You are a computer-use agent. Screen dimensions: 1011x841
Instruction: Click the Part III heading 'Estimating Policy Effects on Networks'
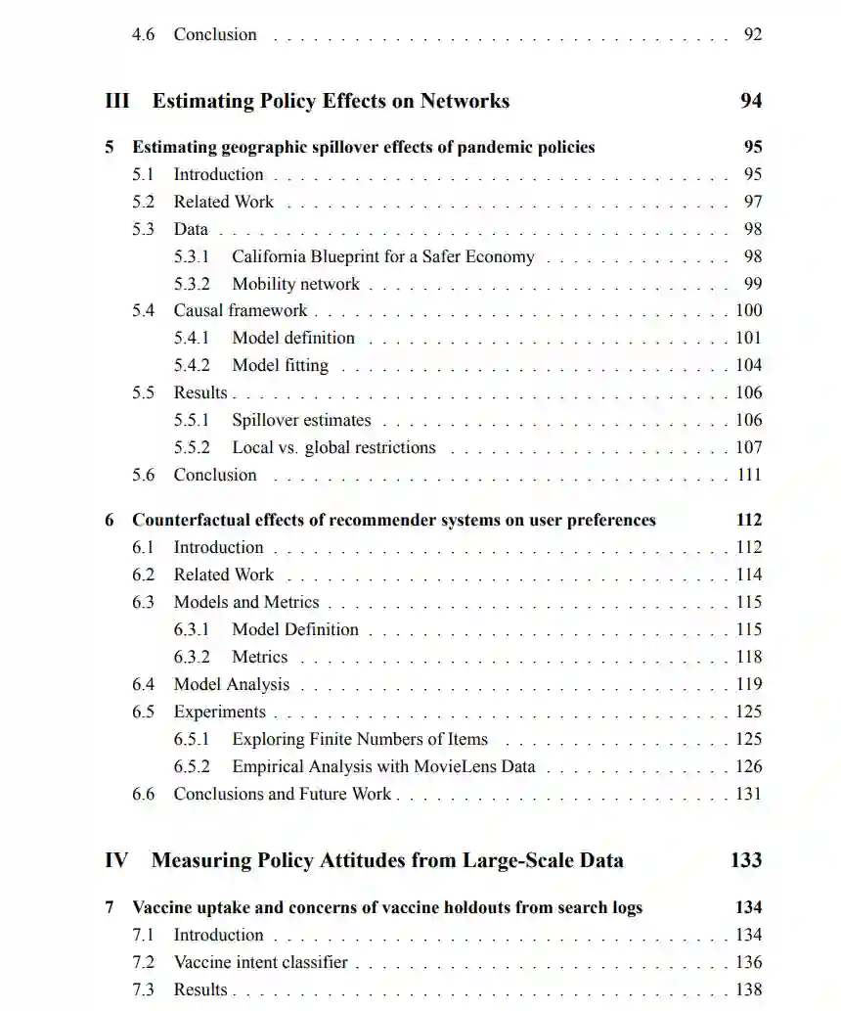coord(331,101)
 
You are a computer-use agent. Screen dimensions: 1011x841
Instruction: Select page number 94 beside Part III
coord(751,101)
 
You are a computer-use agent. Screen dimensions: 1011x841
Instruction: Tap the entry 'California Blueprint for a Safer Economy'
coord(382,256)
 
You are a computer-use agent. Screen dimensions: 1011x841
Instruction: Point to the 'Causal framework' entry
coord(241,310)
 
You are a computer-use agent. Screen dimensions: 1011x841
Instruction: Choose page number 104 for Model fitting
coord(748,365)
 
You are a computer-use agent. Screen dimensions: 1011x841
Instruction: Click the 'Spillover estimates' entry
coord(301,420)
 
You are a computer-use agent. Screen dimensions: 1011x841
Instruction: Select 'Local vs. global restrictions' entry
coord(333,447)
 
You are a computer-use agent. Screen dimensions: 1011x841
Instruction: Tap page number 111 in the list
coord(748,475)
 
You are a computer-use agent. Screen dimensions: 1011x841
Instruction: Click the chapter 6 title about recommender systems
coord(394,520)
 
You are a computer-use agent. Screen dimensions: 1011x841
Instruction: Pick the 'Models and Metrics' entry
coord(246,602)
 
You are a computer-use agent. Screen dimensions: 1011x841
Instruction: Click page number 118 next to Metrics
coord(748,657)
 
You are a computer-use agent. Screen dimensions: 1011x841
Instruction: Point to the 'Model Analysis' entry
coord(232,684)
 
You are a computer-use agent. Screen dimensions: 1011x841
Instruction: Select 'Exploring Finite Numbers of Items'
coord(360,739)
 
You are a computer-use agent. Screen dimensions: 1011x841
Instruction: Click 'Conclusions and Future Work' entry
coord(283,794)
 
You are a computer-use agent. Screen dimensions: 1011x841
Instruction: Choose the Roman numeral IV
coord(116,860)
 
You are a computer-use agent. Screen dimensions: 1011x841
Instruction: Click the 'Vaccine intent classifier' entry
coord(261,962)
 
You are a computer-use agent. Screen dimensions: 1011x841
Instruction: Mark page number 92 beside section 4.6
coord(752,34)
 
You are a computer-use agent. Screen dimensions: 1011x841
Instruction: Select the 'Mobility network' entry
coord(295,284)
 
